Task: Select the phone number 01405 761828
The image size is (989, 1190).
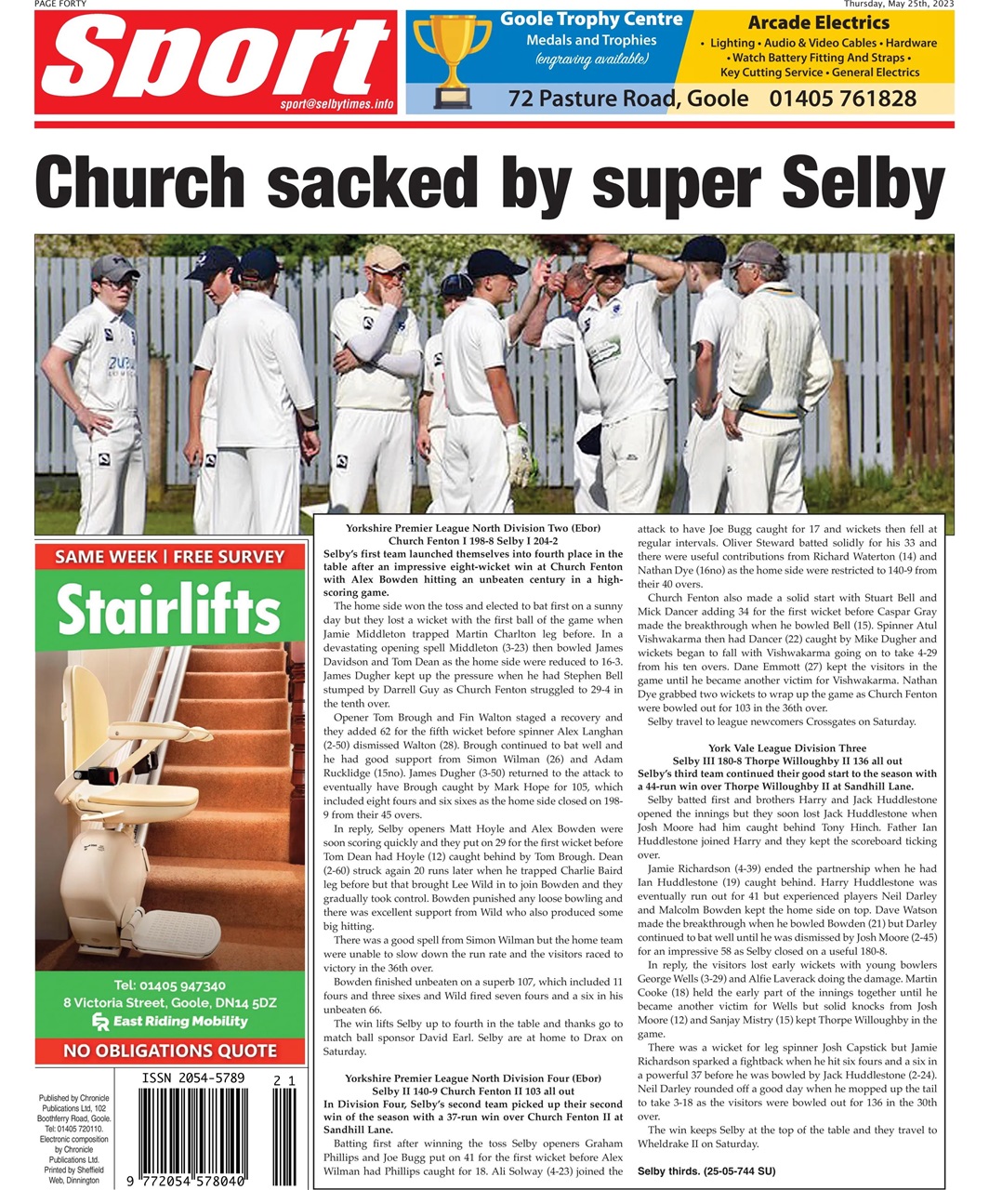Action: tap(842, 99)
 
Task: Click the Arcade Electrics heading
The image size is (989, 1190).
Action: tap(818, 22)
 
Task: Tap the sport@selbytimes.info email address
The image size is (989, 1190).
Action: tap(336, 104)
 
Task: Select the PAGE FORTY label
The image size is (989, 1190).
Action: tap(59, 4)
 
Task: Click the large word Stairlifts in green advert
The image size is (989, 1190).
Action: tap(169, 611)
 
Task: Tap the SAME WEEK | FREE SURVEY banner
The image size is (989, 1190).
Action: tap(169, 557)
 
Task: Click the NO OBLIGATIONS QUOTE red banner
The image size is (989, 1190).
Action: tap(169, 1051)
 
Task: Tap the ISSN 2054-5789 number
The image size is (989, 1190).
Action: tap(193, 1078)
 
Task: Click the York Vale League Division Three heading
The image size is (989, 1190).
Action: tap(786, 747)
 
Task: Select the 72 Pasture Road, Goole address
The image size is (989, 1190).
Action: tap(628, 99)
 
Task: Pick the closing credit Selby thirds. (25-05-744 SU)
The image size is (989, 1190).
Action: tap(705, 1170)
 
